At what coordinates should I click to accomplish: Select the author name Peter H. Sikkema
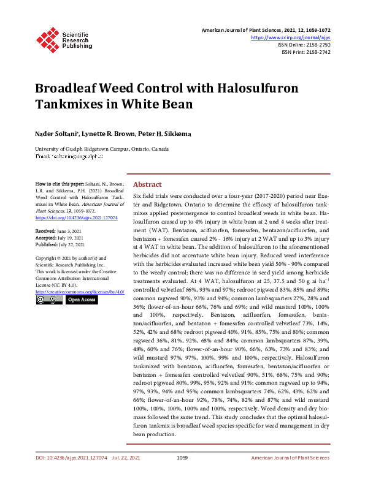(153, 133)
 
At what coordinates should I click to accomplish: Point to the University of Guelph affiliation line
(102, 149)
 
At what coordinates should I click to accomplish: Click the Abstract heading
(147, 184)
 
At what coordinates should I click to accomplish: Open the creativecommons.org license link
(80, 292)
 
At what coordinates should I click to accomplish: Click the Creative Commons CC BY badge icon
(48, 300)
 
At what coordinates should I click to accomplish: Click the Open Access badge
(81, 300)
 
